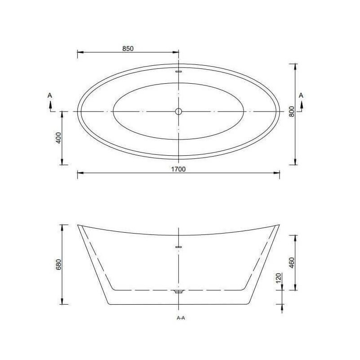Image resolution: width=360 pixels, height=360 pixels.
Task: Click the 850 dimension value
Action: pyautogui.click(x=128, y=49)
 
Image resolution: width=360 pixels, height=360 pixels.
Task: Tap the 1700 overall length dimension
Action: pyautogui.click(x=178, y=169)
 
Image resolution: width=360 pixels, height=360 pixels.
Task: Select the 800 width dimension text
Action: pyautogui.click(x=292, y=111)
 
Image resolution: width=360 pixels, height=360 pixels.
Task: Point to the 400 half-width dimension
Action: pyautogui.click(x=59, y=138)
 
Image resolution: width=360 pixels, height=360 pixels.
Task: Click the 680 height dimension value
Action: pyautogui.click(x=59, y=264)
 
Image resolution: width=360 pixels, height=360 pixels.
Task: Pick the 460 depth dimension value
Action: pyautogui.click(x=292, y=263)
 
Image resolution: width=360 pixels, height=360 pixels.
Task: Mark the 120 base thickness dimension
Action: pyautogui.click(x=279, y=278)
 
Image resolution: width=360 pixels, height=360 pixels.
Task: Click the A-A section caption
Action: pyautogui.click(x=181, y=318)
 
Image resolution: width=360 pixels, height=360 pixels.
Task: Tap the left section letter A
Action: pyautogui.click(x=49, y=95)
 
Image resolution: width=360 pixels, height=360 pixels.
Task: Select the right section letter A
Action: pyautogui.click(x=301, y=95)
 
